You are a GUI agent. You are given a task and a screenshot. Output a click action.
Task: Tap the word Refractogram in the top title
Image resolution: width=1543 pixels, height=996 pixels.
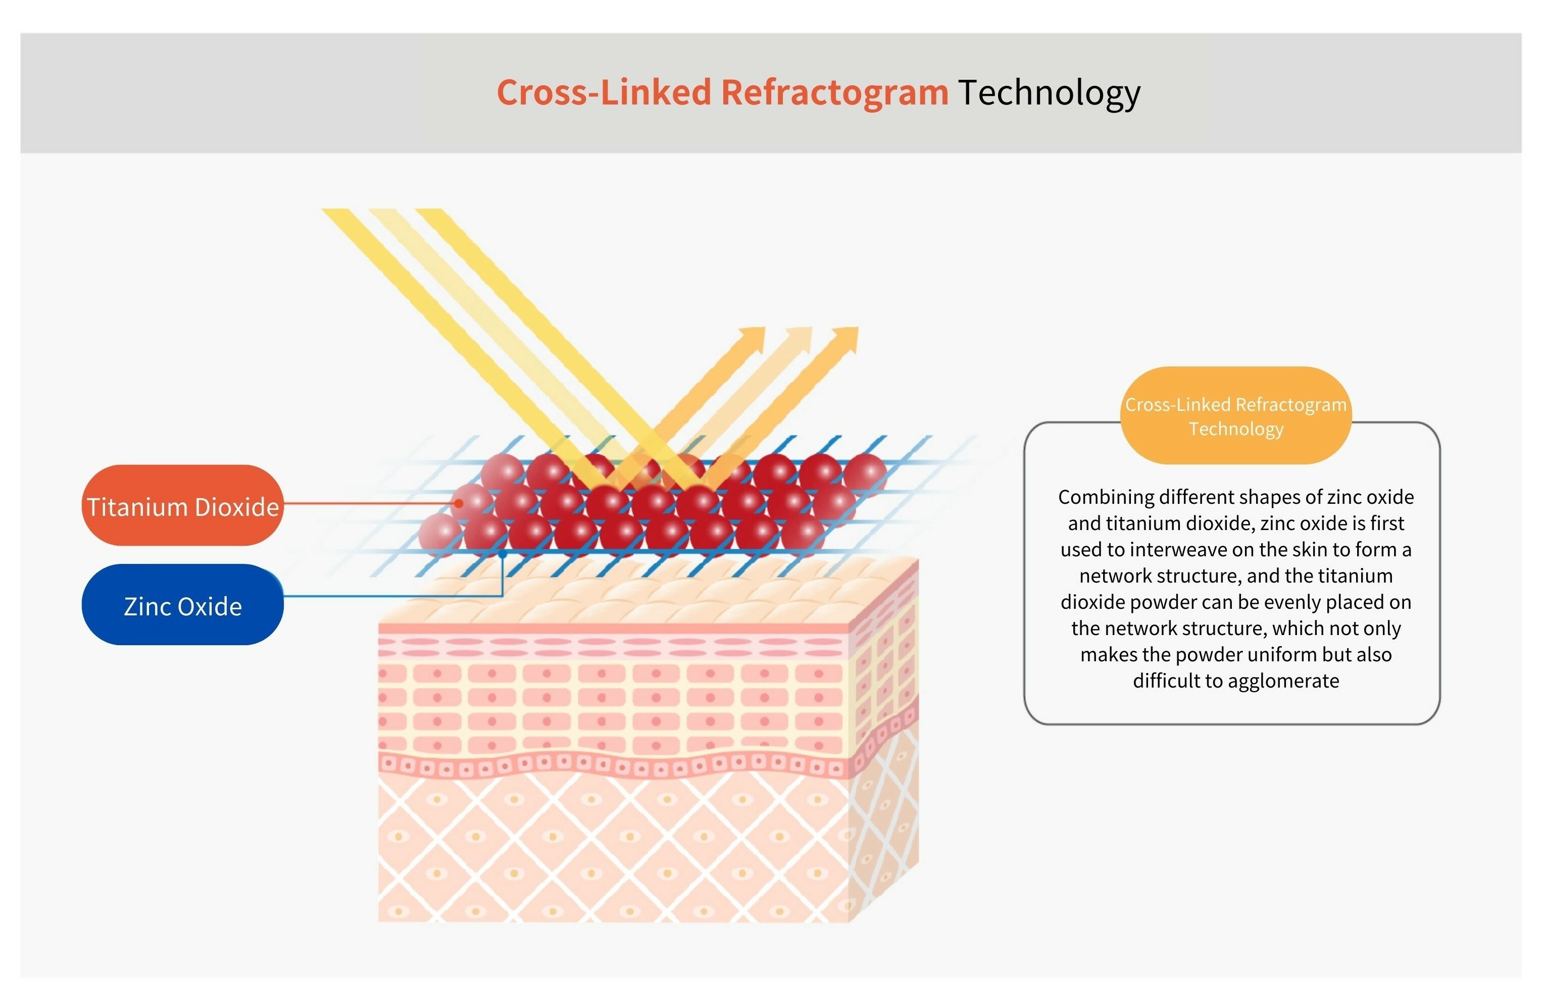tap(834, 92)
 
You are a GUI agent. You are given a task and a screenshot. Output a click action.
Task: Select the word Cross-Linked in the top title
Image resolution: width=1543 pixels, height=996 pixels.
tap(604, 92)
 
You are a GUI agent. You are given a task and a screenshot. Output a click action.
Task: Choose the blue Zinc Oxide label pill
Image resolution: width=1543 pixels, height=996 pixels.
tap(182, 605)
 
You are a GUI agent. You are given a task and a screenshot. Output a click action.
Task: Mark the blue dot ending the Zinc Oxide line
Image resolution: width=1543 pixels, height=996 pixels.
tap(503, 555)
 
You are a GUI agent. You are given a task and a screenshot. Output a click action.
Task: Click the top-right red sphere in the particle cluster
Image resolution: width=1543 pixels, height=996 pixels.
tap(865, 474)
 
